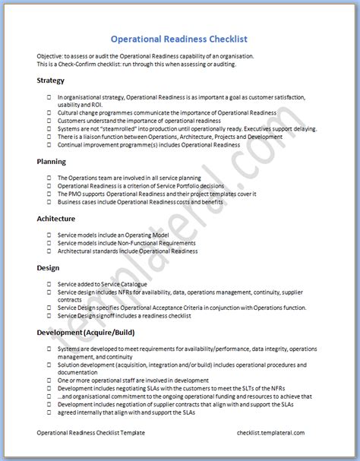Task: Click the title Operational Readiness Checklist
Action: [179, 39]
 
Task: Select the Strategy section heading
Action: [50, 81]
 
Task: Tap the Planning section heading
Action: [51, 161]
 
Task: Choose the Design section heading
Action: [47, 267]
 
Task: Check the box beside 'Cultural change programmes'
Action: [49, 112]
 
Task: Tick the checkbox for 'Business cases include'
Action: [49, 203]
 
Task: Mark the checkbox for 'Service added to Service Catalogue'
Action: [49, 283]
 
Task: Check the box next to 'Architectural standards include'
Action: [49, 251]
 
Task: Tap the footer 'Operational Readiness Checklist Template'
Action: [90, 432]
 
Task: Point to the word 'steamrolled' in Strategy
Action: [115, 129]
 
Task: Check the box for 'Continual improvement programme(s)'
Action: [49, 144]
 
